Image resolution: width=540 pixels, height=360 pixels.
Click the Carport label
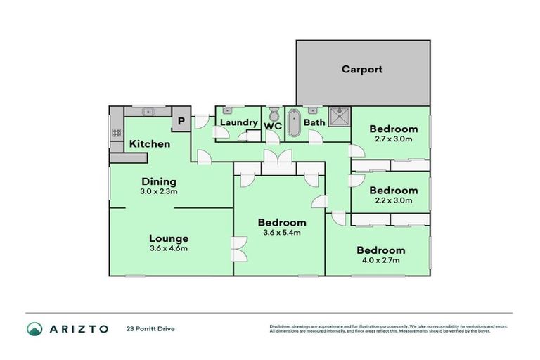(362, 69)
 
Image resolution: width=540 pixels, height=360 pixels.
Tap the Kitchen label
(149, 144)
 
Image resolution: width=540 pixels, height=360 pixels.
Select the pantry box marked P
(181, 121)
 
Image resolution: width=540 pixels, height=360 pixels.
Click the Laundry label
(238, 122)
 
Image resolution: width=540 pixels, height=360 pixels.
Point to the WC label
(272, 126)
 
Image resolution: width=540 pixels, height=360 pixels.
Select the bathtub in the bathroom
(293, 122)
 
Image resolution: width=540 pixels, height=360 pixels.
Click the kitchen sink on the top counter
(148, 111)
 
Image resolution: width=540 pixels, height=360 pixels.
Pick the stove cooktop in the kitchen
(116, 132)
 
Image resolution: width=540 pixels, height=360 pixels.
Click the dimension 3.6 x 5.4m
(281, 233)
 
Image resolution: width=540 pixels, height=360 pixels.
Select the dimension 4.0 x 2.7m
(380, 260)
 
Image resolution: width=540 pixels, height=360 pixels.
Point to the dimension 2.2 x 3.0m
(393, 200)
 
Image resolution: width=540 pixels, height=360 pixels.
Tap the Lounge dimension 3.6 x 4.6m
(169, 248)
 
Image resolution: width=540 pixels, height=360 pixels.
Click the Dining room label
(159, 181)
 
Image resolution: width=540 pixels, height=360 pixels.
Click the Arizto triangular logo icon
(34, 328)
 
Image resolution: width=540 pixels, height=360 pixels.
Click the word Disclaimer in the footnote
(283, 326)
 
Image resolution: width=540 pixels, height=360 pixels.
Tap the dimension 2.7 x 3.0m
(393, 139)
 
